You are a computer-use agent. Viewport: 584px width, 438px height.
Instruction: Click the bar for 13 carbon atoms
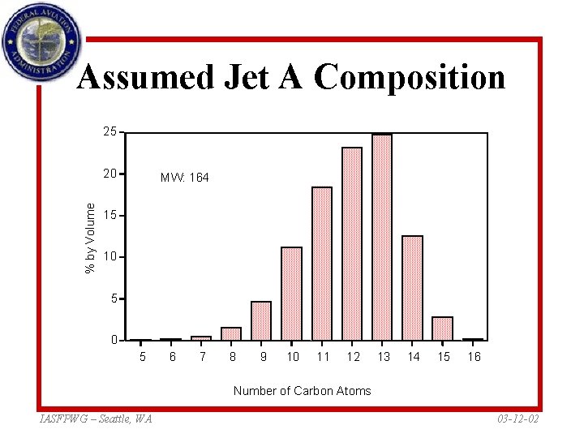382,237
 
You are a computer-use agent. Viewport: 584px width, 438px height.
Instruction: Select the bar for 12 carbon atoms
352,243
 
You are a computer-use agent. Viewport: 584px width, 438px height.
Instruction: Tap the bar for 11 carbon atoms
322,264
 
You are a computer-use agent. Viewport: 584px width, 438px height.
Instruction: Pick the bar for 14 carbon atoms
413,288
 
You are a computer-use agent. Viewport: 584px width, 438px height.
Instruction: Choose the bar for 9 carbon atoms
261,320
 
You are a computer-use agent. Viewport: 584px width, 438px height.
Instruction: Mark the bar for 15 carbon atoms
442,328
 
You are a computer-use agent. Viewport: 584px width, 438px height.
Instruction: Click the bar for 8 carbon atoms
231,333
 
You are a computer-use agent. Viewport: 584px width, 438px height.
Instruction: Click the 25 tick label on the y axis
109,131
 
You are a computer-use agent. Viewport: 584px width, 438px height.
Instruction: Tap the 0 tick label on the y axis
114,340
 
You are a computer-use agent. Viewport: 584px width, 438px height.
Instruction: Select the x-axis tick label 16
473,357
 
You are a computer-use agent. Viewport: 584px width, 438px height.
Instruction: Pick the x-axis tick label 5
142,357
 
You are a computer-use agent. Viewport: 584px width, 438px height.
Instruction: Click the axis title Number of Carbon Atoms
302,391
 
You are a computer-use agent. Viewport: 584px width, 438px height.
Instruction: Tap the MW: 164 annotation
184,177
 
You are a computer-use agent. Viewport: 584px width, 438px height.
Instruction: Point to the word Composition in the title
410,78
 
